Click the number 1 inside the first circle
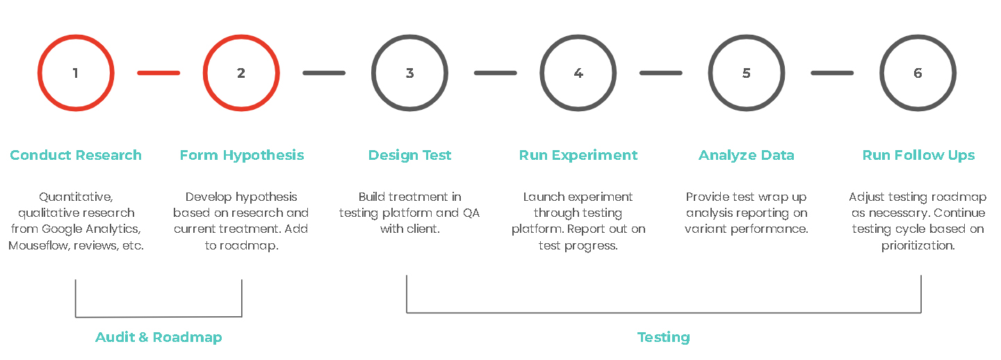pos(76,73)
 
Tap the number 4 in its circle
pos(578,73)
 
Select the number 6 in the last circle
pos(918,73)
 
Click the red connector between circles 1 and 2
pos(158,73)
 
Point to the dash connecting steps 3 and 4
pos(495,73)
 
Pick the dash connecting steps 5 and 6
pos(832,73)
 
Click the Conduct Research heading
pos(76,155)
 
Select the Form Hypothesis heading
pos(242,155)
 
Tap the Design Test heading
pos(410,155)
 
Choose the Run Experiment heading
pos(578,155)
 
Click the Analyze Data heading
pos(747,155)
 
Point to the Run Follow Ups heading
pos(918,155)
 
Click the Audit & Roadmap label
pos(158,337)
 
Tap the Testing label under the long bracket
pos(664,337)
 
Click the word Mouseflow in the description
pos(39,245)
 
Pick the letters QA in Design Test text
pos(471,213)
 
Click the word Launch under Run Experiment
pos(544,197)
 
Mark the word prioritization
pos(918,245)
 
